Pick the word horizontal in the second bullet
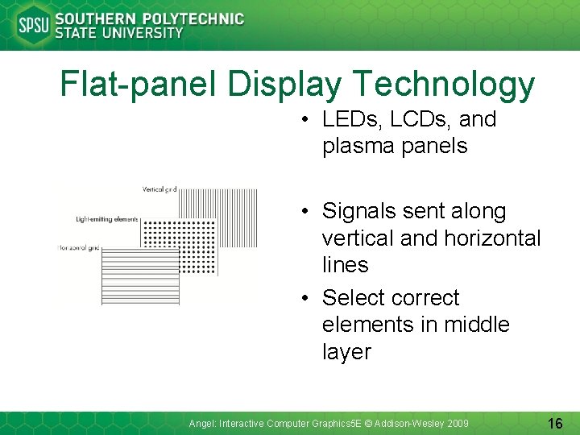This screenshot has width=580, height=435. [491, 238]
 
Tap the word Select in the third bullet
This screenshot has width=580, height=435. [352, 298]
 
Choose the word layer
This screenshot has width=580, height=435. [346, 352]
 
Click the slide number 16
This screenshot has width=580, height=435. [555, 423]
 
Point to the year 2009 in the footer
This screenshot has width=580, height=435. [456, 424]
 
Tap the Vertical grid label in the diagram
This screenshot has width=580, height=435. [159, 189]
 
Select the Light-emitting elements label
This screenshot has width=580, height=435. [107, 219]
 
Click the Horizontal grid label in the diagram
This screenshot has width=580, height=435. [79, 248]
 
